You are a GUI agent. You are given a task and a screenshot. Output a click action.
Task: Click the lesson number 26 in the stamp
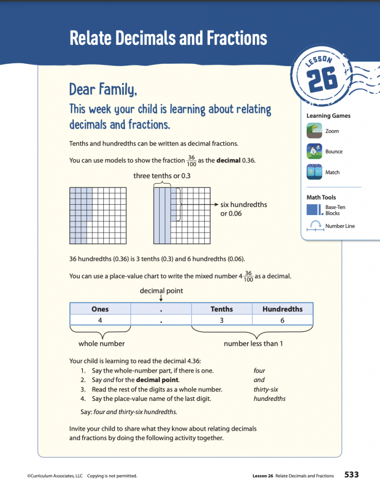pyautogui.click(x=323, y=79)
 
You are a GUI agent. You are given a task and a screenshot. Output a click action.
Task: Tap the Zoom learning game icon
pyautogui.click(x=314, y=131)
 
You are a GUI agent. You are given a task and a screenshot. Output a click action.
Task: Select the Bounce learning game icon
pyautogui.click(x=314, y=151)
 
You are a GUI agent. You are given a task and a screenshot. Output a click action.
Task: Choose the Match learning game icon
pyautogui.click(x=314, y=172)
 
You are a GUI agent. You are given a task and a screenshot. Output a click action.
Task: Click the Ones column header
pyautogui.click(x=100, y=309)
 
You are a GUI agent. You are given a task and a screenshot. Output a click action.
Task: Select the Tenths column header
pyautogui.click(x=221, y=309)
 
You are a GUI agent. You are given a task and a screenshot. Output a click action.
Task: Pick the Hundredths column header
pyautogui.click(x=282, y=309)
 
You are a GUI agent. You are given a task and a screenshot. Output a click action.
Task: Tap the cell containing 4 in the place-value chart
pyautogui.click(x=100, y=320)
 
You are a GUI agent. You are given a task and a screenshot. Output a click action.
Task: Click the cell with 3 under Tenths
pyautogui.click(x=221, y=320)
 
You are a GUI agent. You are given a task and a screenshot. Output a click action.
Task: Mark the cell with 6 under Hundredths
pyautogui.click(x=282, y=320)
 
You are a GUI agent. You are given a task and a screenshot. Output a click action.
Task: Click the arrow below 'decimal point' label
pyautogui.click(x=161, y=298)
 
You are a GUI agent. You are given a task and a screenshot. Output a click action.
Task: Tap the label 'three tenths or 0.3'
pyautogui.click(x=161, y=176)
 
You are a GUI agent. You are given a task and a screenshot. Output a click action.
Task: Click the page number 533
pyautogui.click(x=352, y=475)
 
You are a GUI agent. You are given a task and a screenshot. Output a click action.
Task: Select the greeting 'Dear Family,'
pyautogui.click(x=103, y=89)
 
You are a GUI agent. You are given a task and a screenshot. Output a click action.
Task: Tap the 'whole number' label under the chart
pyautogui.click(x=101, y=343)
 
